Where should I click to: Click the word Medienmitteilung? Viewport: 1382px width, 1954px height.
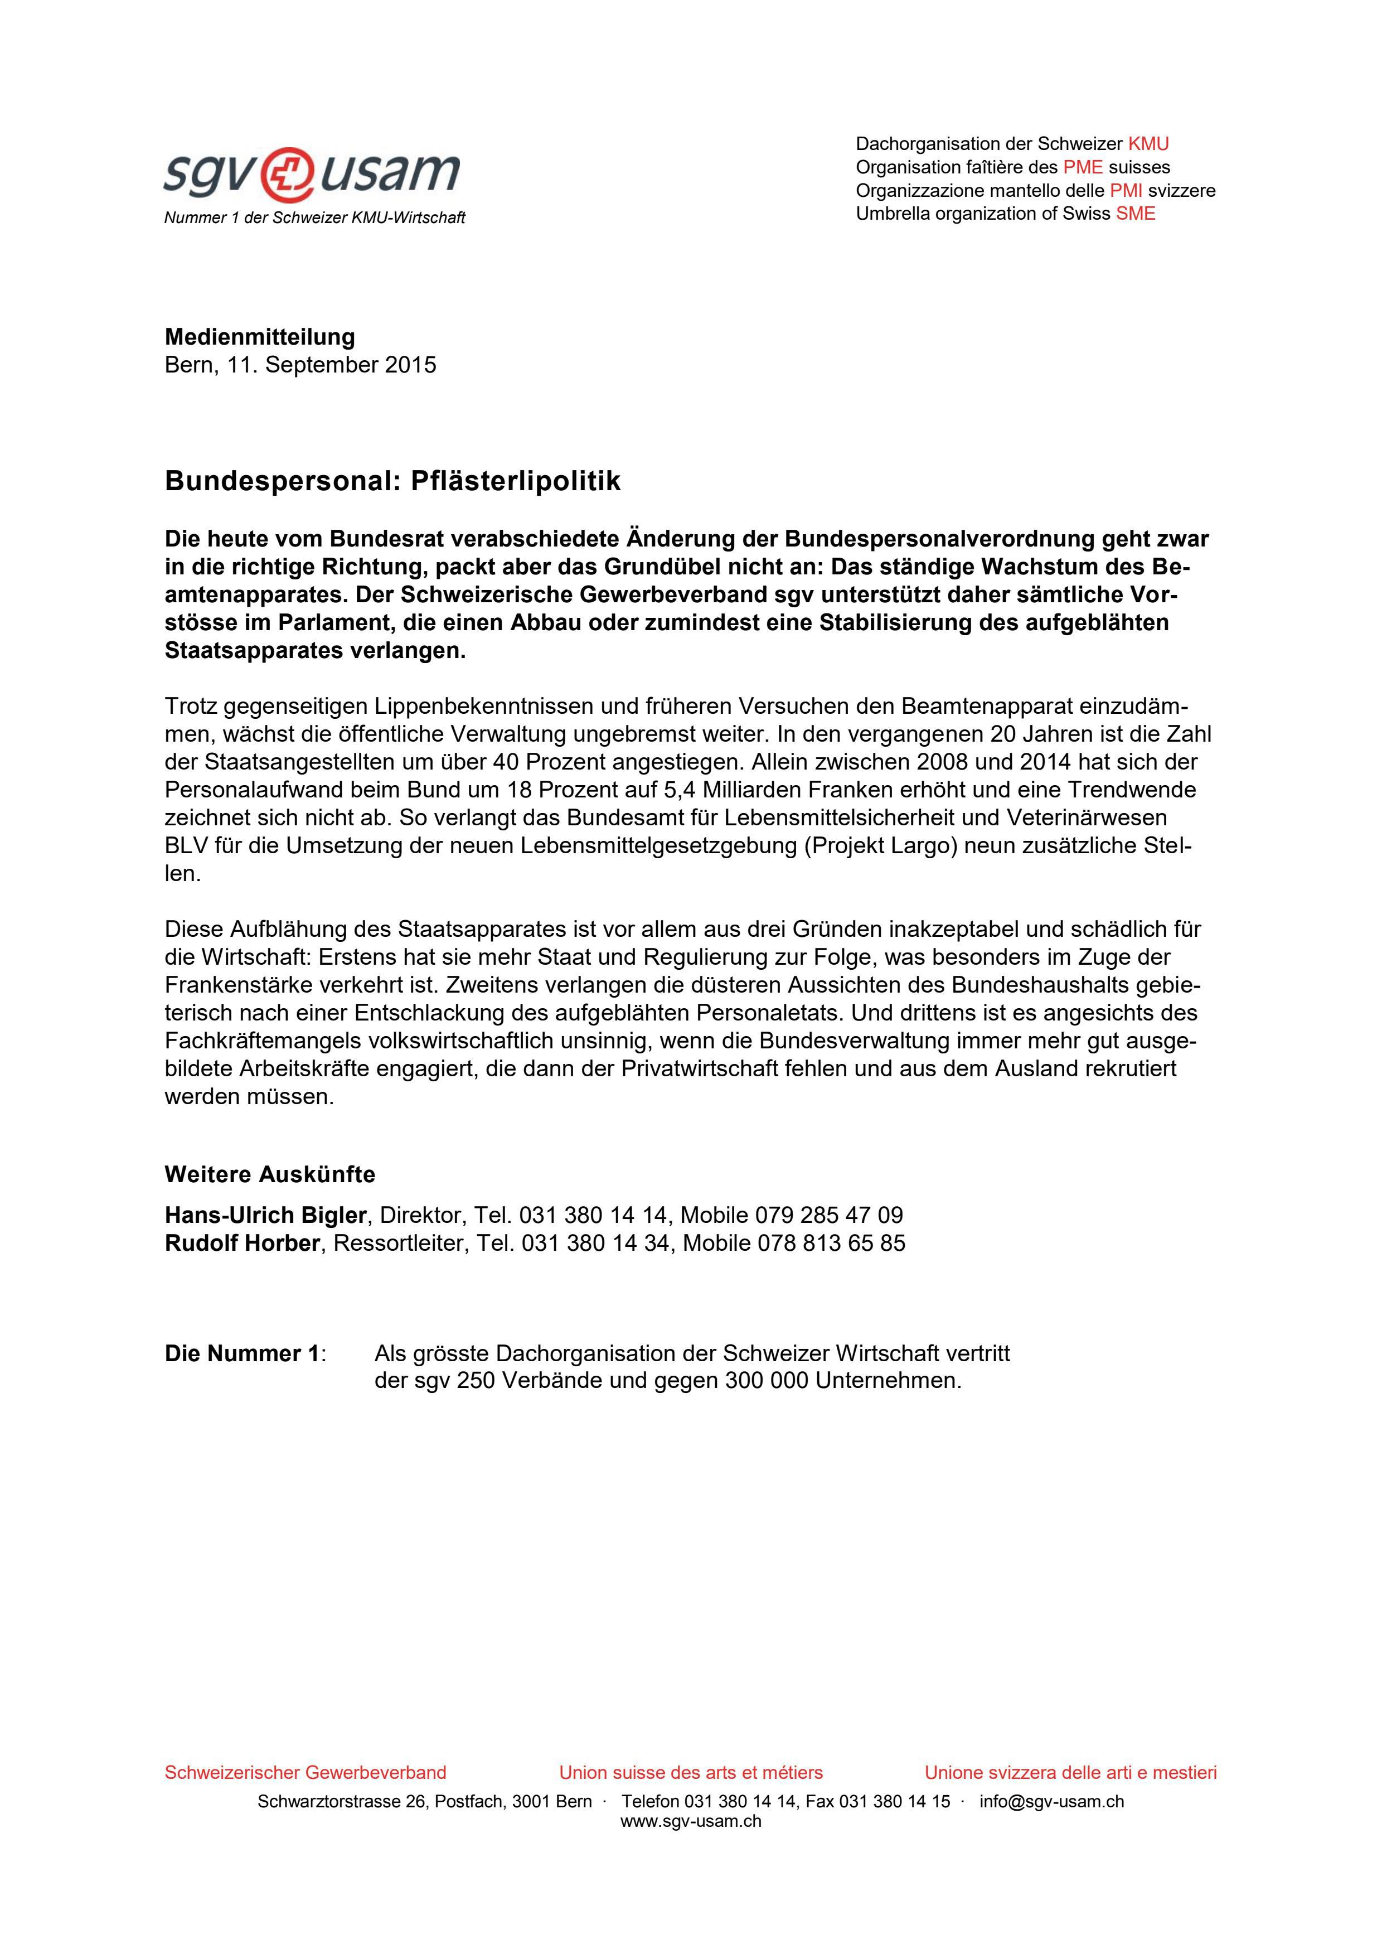(260, 337)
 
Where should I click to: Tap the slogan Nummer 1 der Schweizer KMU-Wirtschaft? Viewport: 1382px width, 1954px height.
(315, 218)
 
